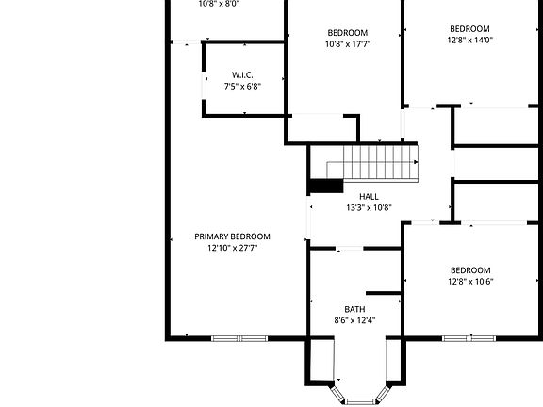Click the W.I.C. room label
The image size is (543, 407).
[x=242, y=75]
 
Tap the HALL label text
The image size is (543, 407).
[x=355, y=197]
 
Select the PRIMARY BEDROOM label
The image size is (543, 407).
[x=232, y=236]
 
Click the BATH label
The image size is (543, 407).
[x=354, y=309]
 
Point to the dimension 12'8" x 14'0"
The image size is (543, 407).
[x=469, y=41]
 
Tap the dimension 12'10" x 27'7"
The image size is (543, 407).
[x=232, y=249]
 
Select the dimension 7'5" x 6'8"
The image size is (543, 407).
[x=242, y=87]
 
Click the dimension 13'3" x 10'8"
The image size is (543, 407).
[x=355, y=208]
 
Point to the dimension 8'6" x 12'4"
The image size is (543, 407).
[x=354, y=321]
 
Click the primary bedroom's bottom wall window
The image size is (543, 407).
[x=239, y=338]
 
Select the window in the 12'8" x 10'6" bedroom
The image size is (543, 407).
[x=470, y=338]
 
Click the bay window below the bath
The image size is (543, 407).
[x=358, y=399]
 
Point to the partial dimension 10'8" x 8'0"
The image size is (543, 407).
[x=219, y=4]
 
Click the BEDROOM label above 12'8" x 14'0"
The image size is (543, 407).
[x=469, y=28]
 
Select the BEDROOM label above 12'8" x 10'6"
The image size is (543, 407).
[x=469, y=270]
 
